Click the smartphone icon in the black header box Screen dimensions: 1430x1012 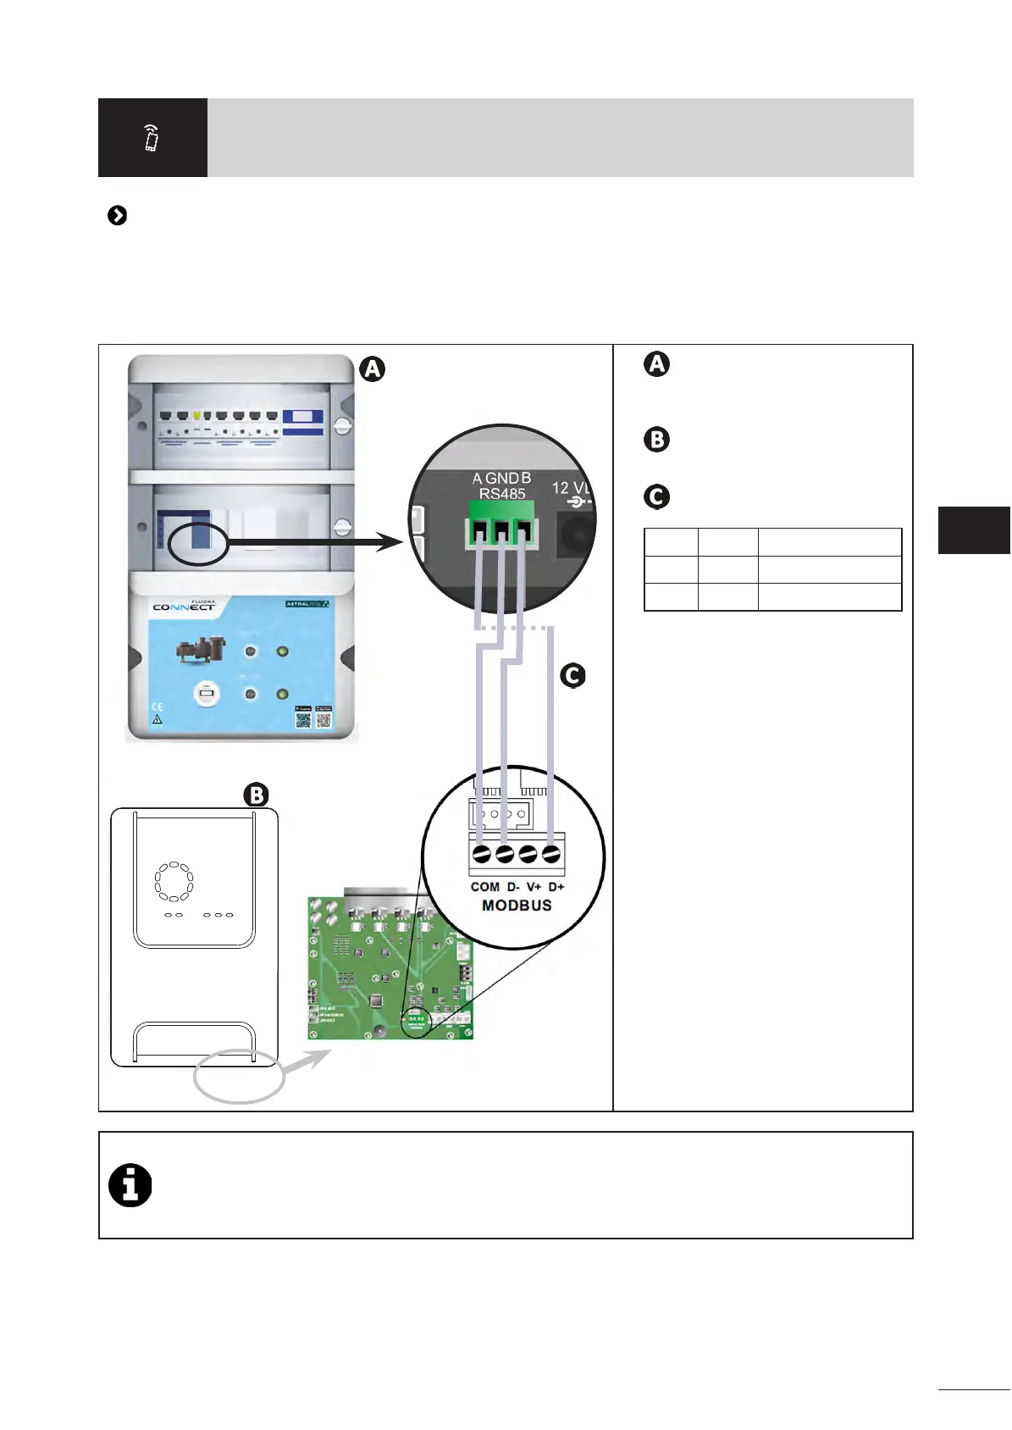click(x=152, y=137)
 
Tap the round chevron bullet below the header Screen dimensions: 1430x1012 click(x=118, y=216)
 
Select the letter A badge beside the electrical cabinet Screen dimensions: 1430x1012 click(x=372, y=369)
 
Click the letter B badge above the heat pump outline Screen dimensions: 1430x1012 click(x=256, y=795)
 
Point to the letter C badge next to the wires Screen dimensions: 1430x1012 click(x=573, y=675)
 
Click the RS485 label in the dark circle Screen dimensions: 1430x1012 click(x=502, y=493)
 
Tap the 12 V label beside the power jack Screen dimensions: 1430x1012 click(x=570, y=488)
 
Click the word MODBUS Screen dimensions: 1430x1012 click(x=517, y=906)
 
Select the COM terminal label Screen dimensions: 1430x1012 click(x=485, y=887)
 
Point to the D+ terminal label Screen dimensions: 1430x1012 click(x=556, y=887)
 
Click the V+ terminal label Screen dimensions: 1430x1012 click(x=534, y=887)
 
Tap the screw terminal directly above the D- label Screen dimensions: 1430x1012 click(x=505, y=854)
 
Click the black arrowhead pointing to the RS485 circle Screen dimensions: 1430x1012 click(x=390, y=542)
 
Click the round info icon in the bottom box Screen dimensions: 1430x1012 click(x=130, y=1185)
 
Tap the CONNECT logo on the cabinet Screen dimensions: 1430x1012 click(x=184, y=607)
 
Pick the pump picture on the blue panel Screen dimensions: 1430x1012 click(x=201, y=650)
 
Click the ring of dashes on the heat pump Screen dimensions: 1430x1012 click(x=174, y=882)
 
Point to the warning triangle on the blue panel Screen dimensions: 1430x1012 click(x=157, y=720)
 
